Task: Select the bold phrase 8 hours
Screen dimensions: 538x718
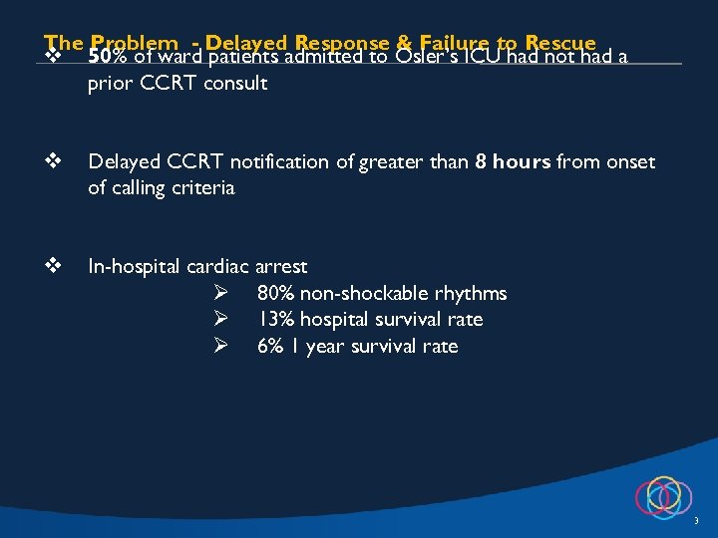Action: coord(516,161)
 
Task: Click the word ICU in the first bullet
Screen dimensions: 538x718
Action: coord(492,57)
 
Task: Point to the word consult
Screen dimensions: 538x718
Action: coord(235,83)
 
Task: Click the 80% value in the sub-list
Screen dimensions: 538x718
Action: coord(276,293)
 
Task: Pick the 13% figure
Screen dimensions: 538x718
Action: coord(274,319)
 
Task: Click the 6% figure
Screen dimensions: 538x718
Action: coord(270,346)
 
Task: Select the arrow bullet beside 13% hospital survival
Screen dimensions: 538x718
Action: coord(222,319)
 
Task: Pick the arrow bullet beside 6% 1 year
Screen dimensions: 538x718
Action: coord(222,346)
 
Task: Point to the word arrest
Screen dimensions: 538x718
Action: coord(281,267)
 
